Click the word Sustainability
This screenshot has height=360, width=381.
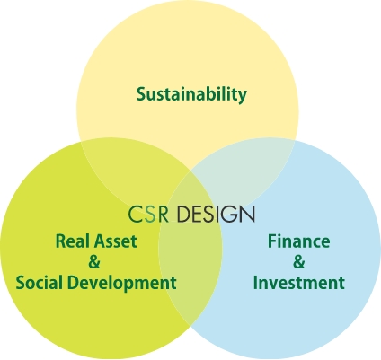coord(191,94)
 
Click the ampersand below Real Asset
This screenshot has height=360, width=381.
coord(94,262)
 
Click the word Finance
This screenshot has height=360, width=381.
coord(298,241)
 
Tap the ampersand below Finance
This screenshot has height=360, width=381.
coord(299,262)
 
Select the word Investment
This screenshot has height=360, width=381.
coord(299,283)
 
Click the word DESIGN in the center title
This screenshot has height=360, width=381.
coord(216,215)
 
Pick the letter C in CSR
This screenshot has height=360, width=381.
coord(135,215)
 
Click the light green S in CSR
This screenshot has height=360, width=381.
coord(150,215)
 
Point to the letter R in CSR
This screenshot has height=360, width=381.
coord(164,215)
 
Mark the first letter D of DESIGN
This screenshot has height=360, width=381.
coord(183,215)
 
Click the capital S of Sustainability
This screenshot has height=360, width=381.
coord(141,93)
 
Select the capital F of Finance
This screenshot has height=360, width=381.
coord(272,241)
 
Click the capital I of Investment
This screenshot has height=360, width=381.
coord(255,283)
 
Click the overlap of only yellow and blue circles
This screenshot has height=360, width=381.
coord(245,177)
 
